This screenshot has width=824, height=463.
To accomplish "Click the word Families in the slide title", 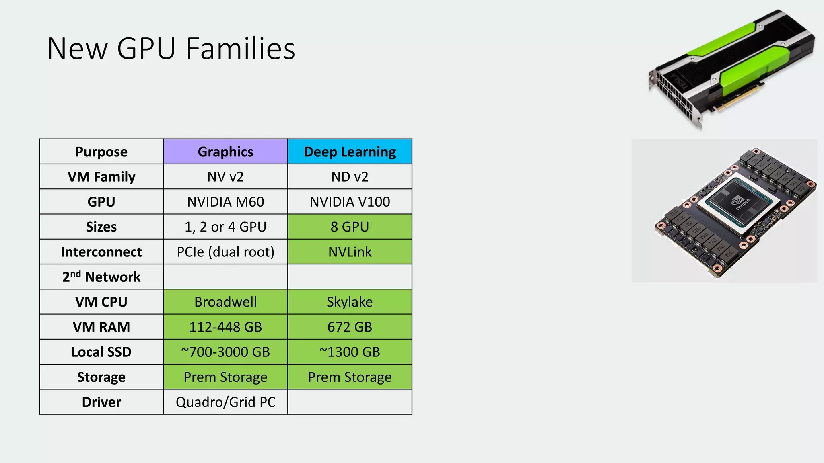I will (x=241, y=49).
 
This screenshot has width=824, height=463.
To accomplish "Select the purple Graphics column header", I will (x=225, y=152).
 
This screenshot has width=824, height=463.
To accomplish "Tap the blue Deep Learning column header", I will (x=350, y=152).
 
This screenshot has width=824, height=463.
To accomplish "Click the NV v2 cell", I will (x=225, y=176).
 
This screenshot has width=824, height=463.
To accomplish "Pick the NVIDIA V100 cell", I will (x=350, y=201).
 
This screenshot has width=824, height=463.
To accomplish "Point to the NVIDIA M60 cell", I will (x=225, y=201).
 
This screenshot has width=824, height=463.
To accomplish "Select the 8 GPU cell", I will (x=350, y=227).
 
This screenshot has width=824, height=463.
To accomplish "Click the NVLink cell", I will (x=350, y=252).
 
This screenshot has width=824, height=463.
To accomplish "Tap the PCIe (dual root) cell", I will (x=225, y=252).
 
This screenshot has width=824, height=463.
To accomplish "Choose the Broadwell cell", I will (x=225, y=302).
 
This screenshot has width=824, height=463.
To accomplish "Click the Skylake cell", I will (x=350, y=302).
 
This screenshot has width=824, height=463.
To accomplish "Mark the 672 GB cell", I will (x=350, y=327).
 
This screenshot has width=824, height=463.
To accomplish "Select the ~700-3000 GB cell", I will (x=225, y=352).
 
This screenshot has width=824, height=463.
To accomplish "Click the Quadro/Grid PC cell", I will (x=225, y=402).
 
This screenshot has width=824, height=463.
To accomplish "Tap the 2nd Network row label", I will (x=101, y=277).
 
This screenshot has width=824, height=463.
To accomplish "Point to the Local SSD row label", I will (x=101, y=352).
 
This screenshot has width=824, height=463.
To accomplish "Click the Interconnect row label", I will (x=101, y=252).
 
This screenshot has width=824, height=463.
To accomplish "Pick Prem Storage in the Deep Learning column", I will (x=350, y=377).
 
